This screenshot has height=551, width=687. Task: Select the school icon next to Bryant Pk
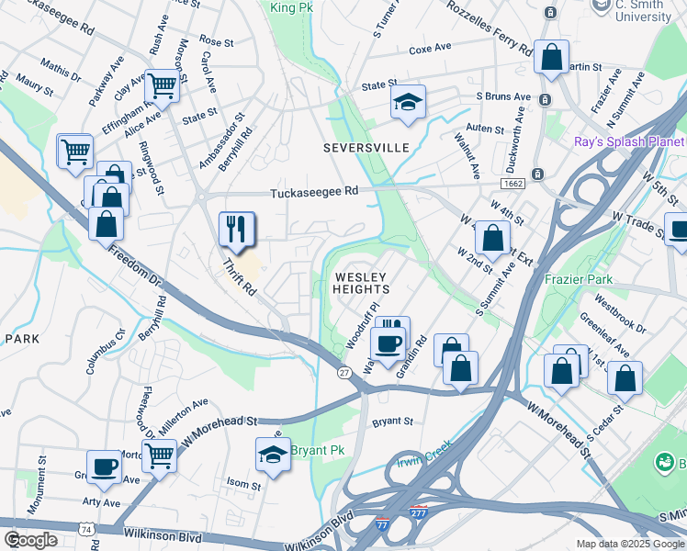click(x=273, y=455)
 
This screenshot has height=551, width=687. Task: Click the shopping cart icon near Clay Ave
click(x=163, y=86)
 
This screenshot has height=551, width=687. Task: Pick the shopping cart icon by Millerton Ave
click(x=160, y=455)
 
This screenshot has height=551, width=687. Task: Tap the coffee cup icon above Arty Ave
click(x=104, y=467)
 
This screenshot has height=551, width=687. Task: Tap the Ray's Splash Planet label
click(x=629, y=142)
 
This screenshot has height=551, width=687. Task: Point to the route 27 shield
click(x=343, y=372)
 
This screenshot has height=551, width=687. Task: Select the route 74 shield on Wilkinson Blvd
click(x=85, y=530)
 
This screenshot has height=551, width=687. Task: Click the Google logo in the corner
click(x=30, y=540)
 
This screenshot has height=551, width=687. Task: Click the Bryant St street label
click(x=392, y=422)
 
